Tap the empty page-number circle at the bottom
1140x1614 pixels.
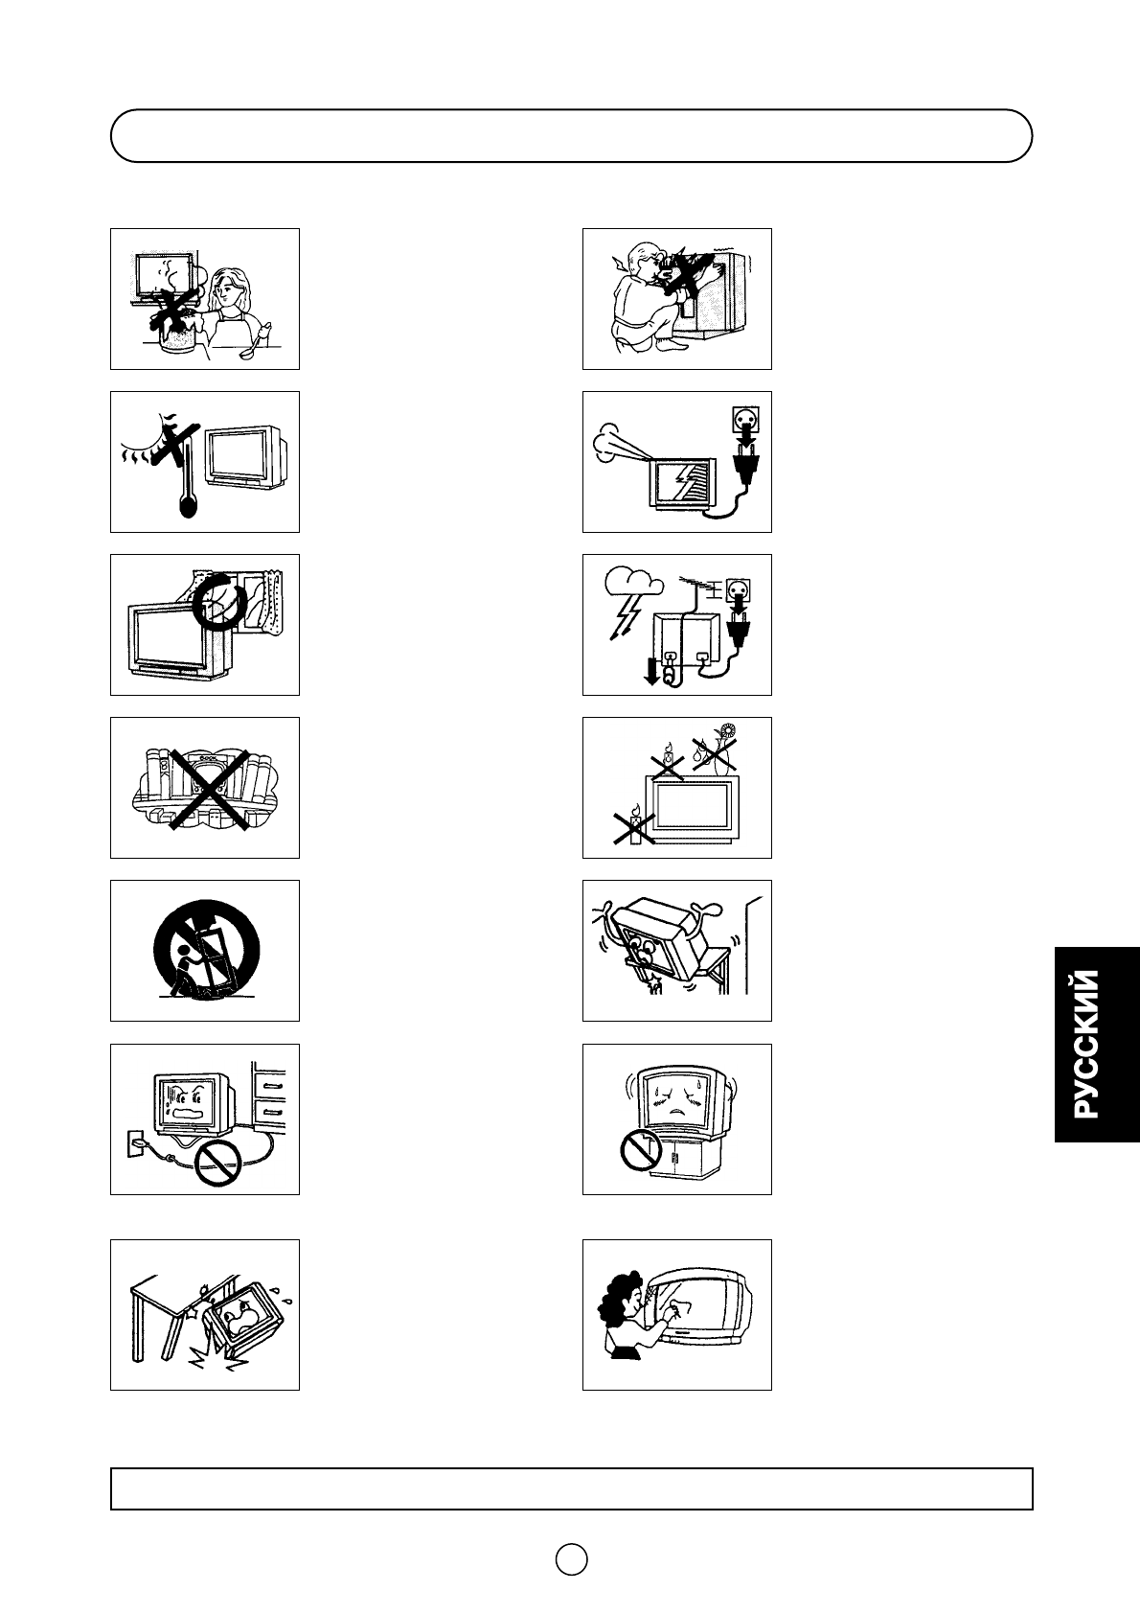pos(571,1559)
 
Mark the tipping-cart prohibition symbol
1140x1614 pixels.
pos(203,949)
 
